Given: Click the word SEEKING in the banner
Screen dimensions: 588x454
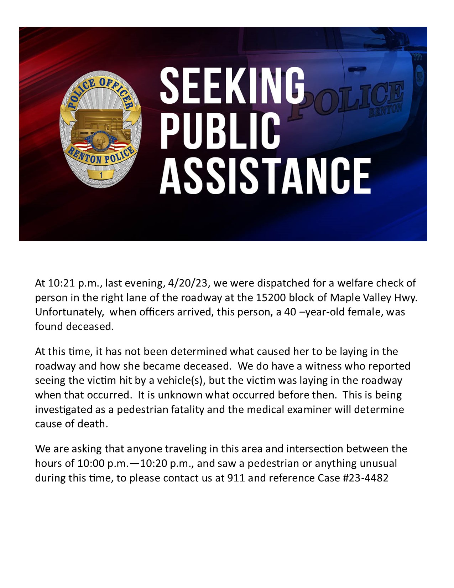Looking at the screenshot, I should (232, 86).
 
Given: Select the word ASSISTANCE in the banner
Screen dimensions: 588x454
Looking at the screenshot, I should (265, 176).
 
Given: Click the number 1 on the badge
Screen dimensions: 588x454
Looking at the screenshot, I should (101, 175).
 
